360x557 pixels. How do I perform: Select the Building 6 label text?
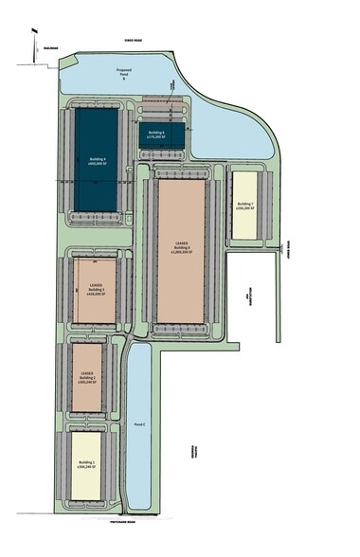tap(182, 247)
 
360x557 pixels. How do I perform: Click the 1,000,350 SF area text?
tap(182, 253)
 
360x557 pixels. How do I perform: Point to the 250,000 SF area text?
tap(245, 208)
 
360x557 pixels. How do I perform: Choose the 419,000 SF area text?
tap(97, 294)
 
